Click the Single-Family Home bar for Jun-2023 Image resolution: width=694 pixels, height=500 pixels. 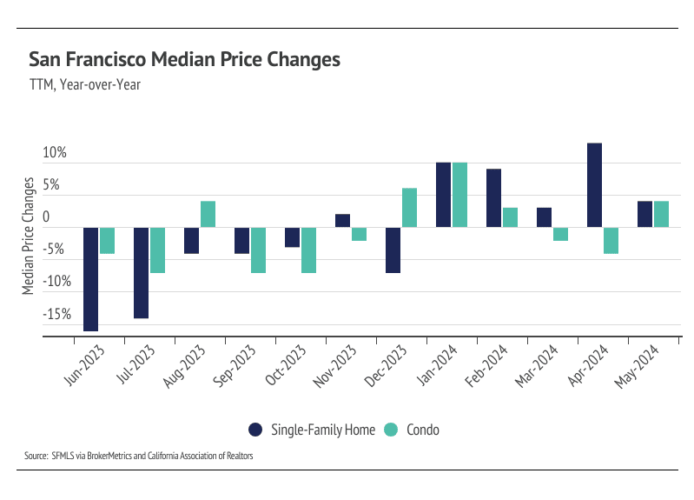pyautogui.click(x=90, y=278)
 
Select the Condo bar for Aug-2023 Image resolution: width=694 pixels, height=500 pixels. pyautogui.click(x=208, y=214)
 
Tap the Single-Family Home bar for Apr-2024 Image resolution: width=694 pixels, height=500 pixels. pyautogui.click(x=594, y=185)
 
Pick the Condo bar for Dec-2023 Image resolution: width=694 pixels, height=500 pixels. pyautogui.click(x=409, y=208)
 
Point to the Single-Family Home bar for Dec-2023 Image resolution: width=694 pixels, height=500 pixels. pyautogui.click(x=393, y=250)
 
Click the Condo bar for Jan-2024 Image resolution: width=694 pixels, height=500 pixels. pyautogui.click(x=459, y=195)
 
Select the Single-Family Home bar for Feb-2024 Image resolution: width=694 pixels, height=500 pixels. pyautogui.click(x=493, y=198)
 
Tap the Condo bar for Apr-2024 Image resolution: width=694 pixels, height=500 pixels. pyautogui.click(x=611, y=240)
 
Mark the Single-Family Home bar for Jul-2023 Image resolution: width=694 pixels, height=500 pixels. pyautogui.click(x=141, y=272)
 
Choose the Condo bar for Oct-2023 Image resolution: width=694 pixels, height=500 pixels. pyautogui.click(x=308, y=250)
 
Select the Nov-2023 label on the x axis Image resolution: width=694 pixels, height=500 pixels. pyautogui.click(x=334, y=366)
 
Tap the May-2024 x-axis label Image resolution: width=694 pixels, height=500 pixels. pyautogui.click(x=636, y=366)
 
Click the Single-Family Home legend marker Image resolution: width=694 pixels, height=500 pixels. pyautogui.click(x=255, y=430)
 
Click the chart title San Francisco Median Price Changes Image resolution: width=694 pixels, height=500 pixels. pyautogui.click(x=184, y=60)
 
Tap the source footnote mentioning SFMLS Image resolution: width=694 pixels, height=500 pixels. pyautogui.click(x=139, y=455)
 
